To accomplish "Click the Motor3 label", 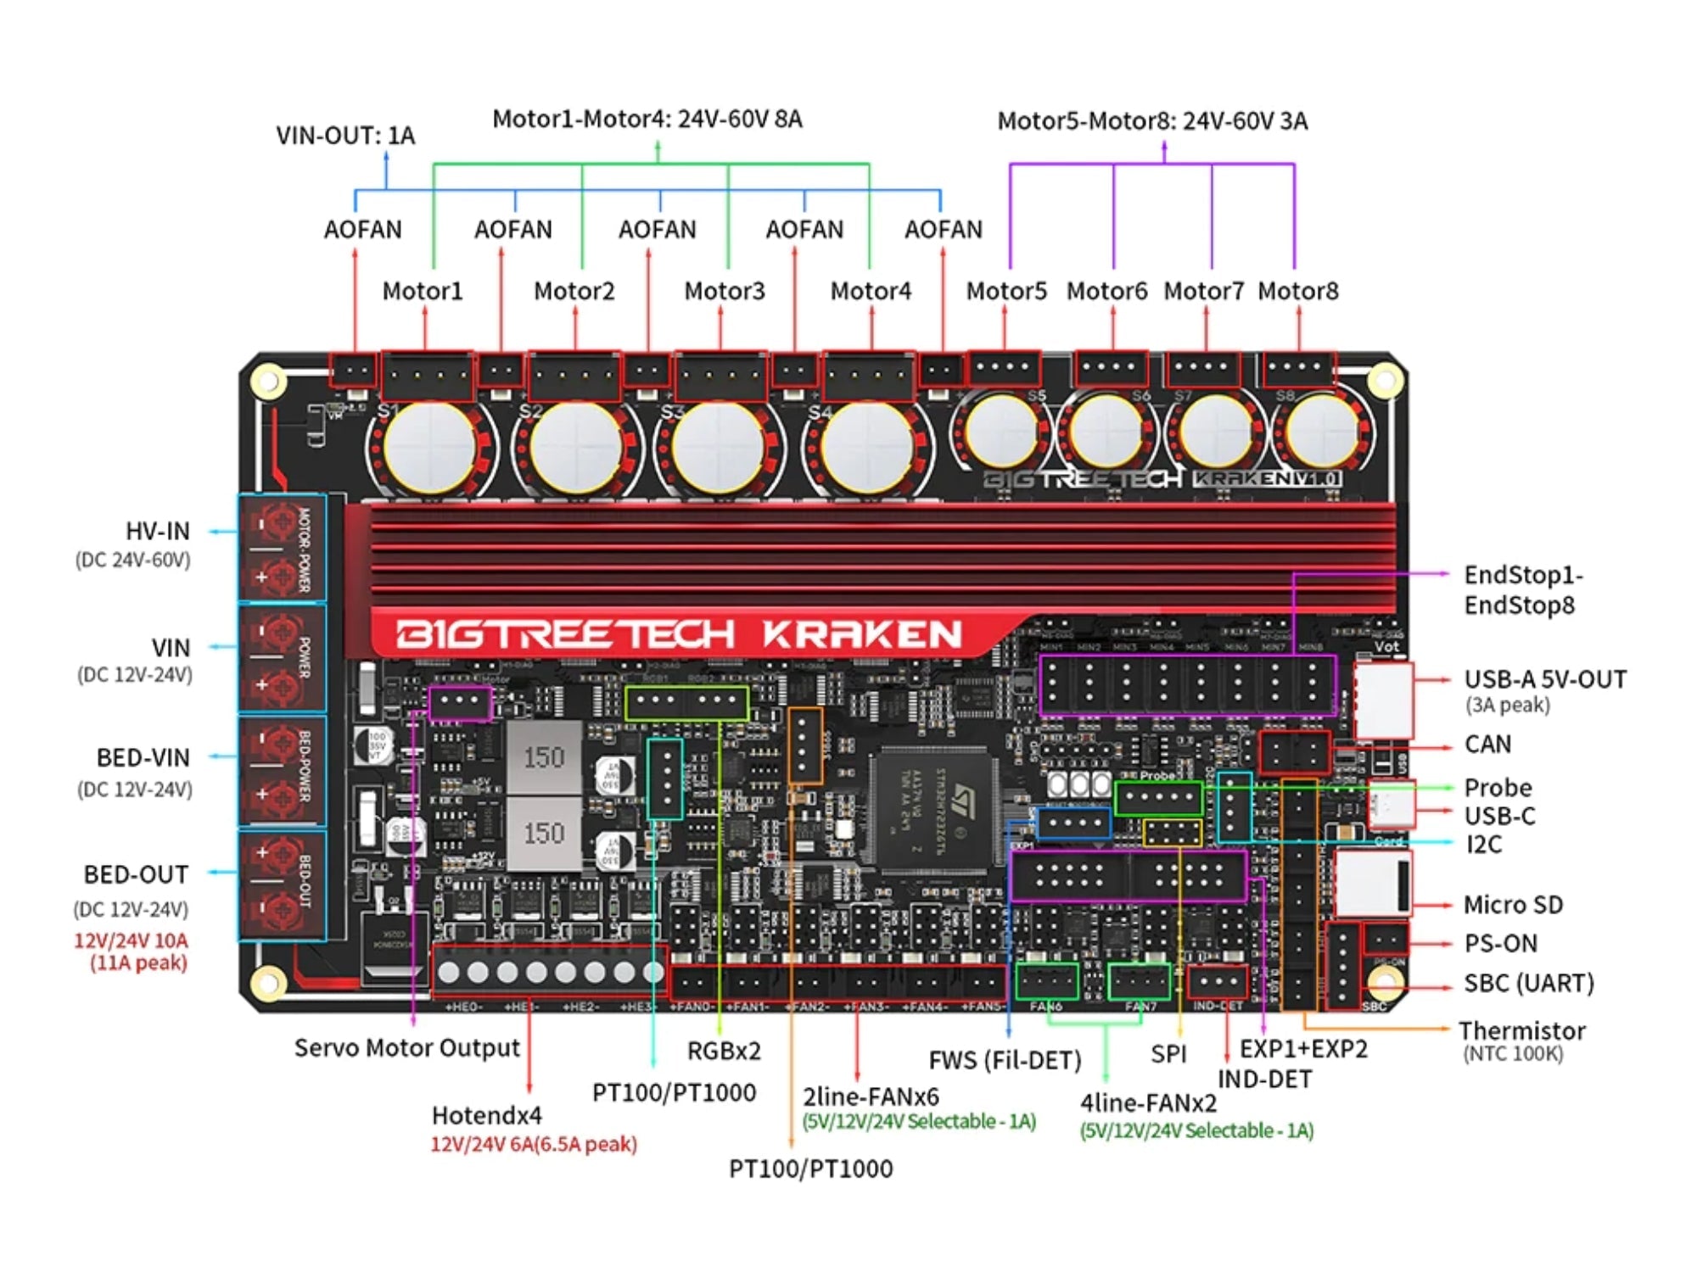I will coord(725,291).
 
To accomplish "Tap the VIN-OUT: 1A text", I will coord(345,136).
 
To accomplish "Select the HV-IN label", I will coord(157,532).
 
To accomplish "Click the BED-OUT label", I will coord(136,874).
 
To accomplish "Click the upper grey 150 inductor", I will coord(544,756).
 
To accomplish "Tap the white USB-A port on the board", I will coord(1383,700).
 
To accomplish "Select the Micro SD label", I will coord(1513,905).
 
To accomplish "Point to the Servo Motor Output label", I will coord(406,1048).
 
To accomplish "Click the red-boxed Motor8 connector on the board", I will coord(1299,369).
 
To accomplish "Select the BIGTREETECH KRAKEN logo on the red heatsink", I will coord(679,634).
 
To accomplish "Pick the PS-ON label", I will coord(1500,943).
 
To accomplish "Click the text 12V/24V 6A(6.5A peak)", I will coord(534,1144).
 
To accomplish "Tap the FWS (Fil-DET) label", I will coord(1005,1060).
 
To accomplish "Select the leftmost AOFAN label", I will coord(362,230).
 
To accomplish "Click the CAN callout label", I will coord(1487,745).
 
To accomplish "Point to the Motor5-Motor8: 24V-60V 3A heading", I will coord(1152,121).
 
